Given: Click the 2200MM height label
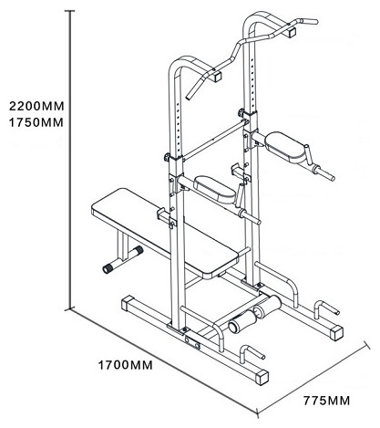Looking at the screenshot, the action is click(x=36, y=106).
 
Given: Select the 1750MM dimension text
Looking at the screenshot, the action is click(x=36, y=122).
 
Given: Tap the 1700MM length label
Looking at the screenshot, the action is click(x=125, y=365).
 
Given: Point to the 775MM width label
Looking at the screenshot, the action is click(x=326, y=401).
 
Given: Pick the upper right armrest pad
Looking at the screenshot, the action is click(x=284, y=147).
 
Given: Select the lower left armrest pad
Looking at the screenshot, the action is click(x=215, y=189).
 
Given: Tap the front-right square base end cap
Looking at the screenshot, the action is click(x=262, y=377).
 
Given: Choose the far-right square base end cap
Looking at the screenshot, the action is click(x=336, y=333).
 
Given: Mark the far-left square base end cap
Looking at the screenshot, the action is click(x=128, y=303).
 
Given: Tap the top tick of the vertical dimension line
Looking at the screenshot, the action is click(x=70, y=11).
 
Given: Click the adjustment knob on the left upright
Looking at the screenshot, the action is click(x=167, y=157).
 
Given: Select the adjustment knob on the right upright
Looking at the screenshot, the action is click(x=241, y=113).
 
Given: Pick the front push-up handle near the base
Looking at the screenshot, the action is click(x=252, y=353).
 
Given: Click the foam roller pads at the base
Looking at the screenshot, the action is click(x=255, y=313).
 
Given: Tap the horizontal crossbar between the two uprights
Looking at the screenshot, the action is click(x=213, y=141).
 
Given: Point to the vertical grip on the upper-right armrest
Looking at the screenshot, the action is click(x=308, y=154).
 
